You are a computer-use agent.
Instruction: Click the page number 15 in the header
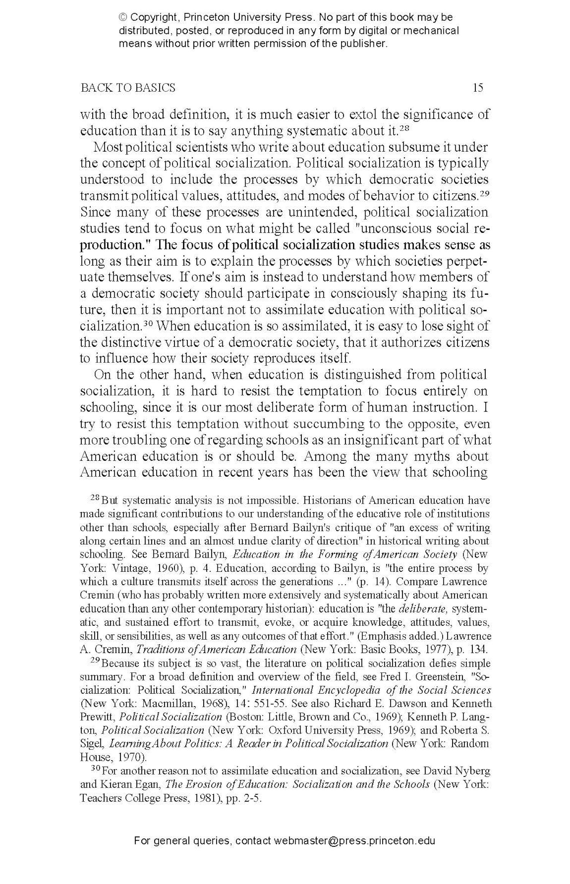tap(478, 88)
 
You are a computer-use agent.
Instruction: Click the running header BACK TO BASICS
tap(128, 88)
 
